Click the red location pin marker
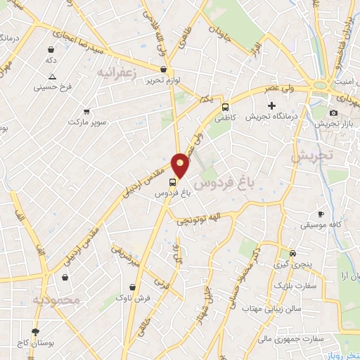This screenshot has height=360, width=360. [x=181, y=165]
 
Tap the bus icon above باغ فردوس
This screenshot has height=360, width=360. [x=174, y=182]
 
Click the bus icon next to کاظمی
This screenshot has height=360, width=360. [x=225, y=108]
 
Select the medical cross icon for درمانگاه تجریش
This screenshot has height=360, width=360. [x=272, y=105]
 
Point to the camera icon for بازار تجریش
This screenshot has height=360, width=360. [x=333, y=112]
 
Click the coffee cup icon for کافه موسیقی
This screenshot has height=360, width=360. [x=321, y=214]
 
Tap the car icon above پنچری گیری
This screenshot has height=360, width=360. [x=293, y=253]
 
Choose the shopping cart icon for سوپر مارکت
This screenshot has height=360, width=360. [x=86, y=111]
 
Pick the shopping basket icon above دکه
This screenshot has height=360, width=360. [x=51, y=50]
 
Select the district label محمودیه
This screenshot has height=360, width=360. [x=57, y=300]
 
